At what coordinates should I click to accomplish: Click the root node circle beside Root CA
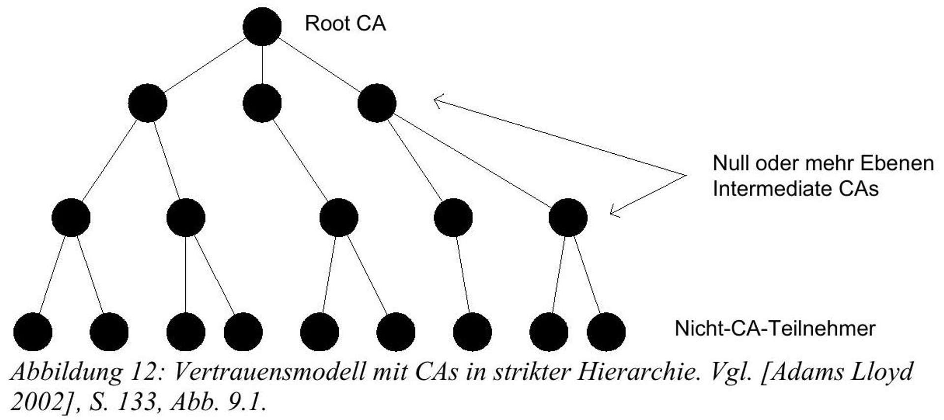tap(262, 27)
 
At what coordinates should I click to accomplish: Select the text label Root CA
tap(345, 24)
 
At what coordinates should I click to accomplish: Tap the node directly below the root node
tap(262, 103)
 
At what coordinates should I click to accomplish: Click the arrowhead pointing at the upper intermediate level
tap(437, 101)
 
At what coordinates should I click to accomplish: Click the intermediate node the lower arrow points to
tap(568, 218)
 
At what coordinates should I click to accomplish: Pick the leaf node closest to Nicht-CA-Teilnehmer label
tap(606, 332)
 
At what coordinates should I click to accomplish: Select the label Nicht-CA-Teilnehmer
tap(775, 329)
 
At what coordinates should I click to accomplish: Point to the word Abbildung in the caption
tap(66, 372)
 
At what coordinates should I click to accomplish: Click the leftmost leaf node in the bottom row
tap(32, 332)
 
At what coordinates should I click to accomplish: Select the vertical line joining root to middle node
tap(262, 65)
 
